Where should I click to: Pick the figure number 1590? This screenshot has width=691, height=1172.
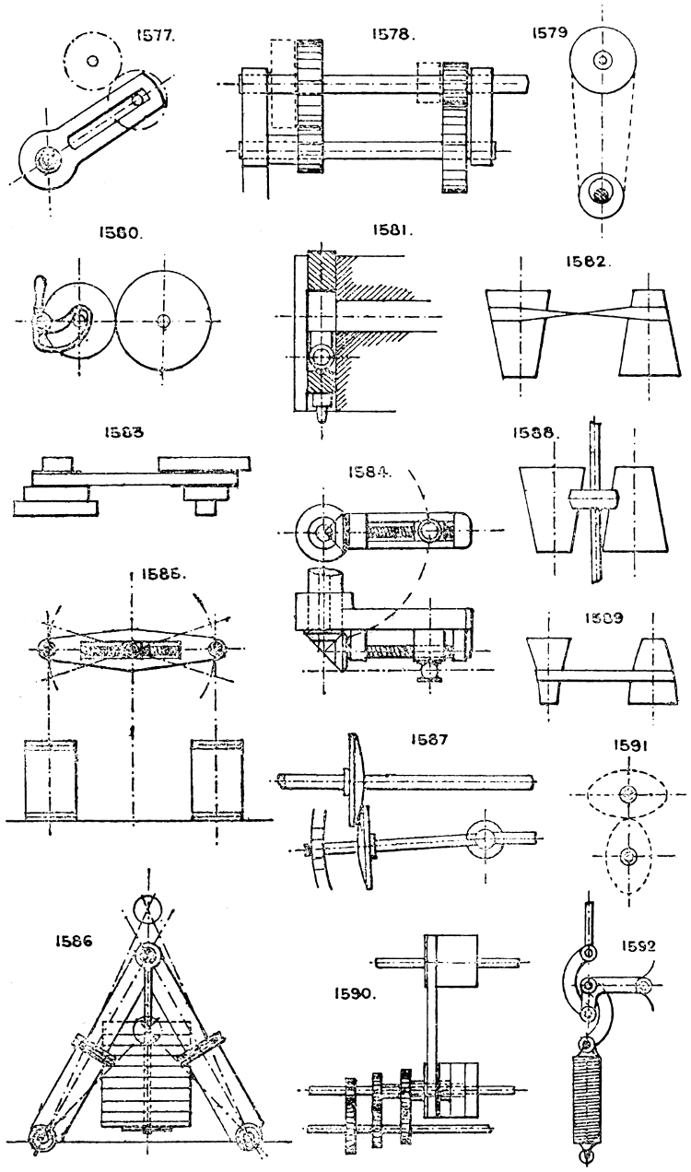coord(355,995)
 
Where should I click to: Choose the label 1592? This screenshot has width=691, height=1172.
coord(637,943)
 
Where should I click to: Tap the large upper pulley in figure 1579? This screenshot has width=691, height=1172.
coord(602,61)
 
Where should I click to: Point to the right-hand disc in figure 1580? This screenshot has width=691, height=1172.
coord(163,321)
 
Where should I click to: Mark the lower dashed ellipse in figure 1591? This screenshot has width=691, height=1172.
coord(627,857)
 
